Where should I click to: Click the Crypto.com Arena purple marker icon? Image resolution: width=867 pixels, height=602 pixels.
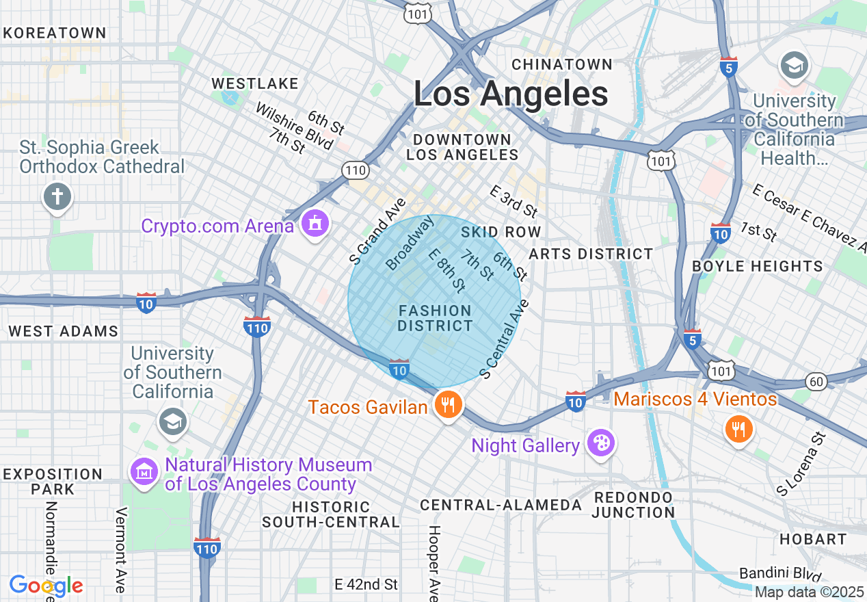click(x=314, y=223)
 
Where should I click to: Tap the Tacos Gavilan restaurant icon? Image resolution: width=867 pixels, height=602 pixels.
click(x=447, y=404)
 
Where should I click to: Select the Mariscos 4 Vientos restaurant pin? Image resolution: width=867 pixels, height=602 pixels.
click(x=738, y=429)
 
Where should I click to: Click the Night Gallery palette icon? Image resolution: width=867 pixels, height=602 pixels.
click(x=600, y=443)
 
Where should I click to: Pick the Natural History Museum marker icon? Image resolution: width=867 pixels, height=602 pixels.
click(x=144, y=471)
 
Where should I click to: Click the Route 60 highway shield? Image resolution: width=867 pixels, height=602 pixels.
click(x=815, y=381)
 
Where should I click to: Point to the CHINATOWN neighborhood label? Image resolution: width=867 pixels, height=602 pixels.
click(x=562, y=64)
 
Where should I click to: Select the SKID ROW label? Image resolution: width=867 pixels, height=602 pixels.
click(x=501, y=232)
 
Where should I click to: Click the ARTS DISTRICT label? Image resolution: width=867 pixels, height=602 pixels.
click(x=591, y=254)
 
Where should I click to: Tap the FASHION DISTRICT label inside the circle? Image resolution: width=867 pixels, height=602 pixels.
click(x=435, y=319)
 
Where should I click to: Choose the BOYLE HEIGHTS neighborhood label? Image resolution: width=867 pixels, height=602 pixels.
click(x=758, y=266)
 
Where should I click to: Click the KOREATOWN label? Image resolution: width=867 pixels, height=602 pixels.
click(x=55, y=33)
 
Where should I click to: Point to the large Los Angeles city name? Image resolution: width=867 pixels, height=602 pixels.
click(x=511, y=94)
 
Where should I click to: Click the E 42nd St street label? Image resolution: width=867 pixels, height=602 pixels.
click(x=366, y=584)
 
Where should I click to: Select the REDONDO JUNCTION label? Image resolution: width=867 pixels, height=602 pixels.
click(x=633, y=504)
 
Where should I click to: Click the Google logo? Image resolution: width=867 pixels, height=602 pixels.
click(x=46, y=586)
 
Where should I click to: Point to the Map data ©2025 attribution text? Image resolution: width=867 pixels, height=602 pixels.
click(x=810, y=592)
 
